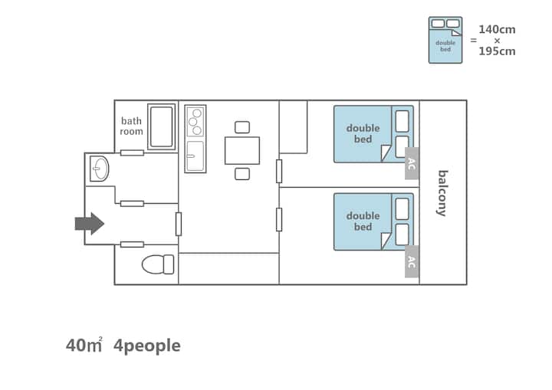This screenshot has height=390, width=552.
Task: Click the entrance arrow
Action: (x=90, y=224)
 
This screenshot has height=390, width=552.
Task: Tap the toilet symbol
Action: (x=158, y=264)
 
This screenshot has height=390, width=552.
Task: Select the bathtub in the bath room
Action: (x=162, y=126)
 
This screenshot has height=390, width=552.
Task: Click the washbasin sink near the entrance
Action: (x=99, y=169)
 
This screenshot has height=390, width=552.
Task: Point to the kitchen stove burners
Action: (x=195, y=121)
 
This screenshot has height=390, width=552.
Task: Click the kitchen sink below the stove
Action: (x=195, y=156)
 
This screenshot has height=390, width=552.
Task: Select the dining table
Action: (x=242, y=151)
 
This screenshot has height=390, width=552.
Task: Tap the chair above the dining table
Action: (x=242, y=127)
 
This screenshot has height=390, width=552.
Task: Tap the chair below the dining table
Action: (x=242, y=174)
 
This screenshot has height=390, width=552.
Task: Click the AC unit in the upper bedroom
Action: (x=412, y=163)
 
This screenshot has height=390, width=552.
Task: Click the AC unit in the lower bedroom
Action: (x=412, y=261)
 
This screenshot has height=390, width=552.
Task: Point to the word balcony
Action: (x=442, y=193)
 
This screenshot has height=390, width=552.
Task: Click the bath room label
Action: (x=131, y=126)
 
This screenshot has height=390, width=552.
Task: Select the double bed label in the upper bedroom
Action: (x=363, y=133)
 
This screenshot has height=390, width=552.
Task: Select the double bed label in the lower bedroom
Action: (x=363, y=221)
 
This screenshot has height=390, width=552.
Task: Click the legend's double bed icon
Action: (x=445, y=40)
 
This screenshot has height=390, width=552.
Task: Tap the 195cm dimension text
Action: (x=497, y=51)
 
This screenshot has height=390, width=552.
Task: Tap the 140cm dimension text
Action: (x=497, y=30)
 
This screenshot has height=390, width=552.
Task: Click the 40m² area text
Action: (x=84, y=345)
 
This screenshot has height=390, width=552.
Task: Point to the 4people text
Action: (x=147, y=346)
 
